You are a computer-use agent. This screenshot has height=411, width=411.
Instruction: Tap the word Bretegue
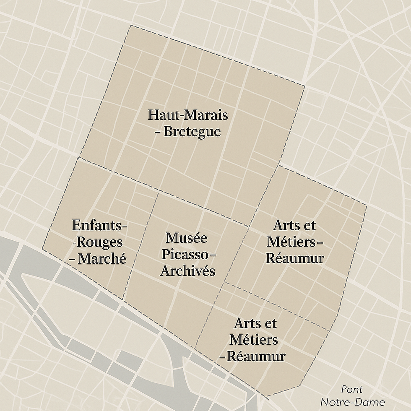192,132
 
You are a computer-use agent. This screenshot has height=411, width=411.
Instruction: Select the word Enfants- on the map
99,226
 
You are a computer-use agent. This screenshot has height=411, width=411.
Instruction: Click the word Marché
102,259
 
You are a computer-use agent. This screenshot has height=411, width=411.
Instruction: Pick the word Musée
186,238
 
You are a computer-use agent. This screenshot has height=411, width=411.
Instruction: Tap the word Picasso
185,255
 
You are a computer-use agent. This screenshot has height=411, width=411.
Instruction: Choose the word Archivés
187,271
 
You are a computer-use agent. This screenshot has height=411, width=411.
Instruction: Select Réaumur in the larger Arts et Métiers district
295,258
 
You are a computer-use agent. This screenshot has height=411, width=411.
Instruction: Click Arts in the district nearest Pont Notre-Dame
245,324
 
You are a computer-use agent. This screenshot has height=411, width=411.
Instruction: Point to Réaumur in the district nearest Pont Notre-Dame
256,356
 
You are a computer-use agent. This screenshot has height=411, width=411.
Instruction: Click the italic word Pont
352,389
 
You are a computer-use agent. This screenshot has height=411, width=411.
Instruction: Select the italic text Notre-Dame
358,402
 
